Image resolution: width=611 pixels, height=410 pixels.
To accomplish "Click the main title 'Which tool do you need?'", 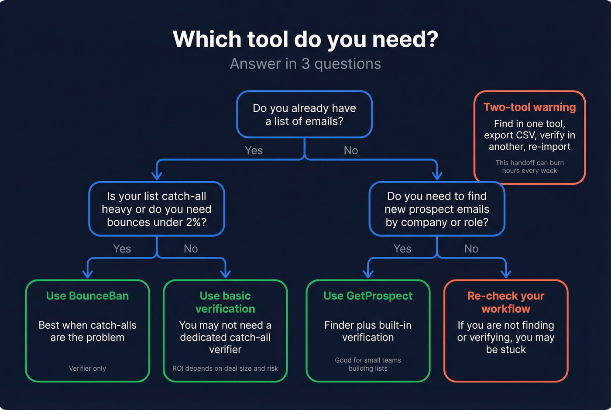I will (305, 39).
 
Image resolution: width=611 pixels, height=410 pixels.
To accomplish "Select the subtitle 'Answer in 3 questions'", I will (305, 64).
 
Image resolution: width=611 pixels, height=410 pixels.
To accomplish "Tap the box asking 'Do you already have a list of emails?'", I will (304, 114).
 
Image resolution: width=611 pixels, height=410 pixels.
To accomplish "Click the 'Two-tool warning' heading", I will (529, 107).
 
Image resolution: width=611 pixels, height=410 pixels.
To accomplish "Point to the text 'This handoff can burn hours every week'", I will (529, 166).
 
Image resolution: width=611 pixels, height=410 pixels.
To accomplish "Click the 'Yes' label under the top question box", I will (254, 151).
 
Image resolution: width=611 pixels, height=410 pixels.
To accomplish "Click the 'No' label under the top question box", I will (350, 151).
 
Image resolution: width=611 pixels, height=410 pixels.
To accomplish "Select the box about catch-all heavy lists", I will (156, 209).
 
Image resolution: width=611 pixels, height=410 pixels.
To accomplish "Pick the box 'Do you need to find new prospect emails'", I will (436, 209).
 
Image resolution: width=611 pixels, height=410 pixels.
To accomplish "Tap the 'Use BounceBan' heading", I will (87, 296).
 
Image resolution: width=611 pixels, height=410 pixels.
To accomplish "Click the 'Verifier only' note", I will (87, 369).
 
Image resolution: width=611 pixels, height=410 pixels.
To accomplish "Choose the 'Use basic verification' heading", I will (225, 302).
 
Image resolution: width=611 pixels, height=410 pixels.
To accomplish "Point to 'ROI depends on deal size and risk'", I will (225, 369).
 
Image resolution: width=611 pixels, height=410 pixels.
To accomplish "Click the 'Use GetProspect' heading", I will (368, 296).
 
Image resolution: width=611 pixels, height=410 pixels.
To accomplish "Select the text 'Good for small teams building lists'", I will (368, 364).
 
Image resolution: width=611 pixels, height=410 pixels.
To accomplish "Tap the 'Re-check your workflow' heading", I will (506, 302).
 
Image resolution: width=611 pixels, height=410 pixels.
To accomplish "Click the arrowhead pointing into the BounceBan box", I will (87, 274).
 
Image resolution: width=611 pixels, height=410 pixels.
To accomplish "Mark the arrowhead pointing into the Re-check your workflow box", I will (506, 274).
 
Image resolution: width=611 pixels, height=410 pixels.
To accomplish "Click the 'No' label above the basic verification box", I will (191, 249).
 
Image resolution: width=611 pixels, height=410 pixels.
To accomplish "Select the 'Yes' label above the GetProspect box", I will (402, 249).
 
